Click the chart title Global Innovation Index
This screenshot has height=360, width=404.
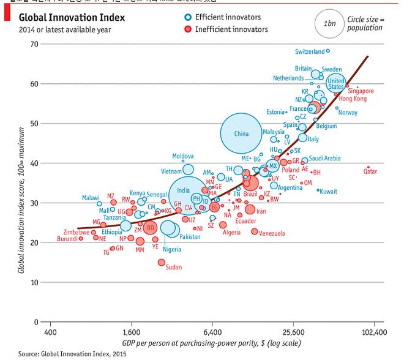pyautogui.click(x=72, y=18)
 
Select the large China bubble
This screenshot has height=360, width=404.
pyautogui.click(x=241, y=133)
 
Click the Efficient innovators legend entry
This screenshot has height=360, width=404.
pyautogui.click(x=227, y=17)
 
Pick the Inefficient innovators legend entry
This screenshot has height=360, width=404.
pyautogui.click(x=231, y=29)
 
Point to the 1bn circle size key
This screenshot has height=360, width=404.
pyautogui.click(x=329, y=23)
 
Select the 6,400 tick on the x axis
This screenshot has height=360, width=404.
pyautogui.click(x=212, y=332)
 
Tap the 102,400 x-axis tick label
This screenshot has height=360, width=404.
pyautogui.click(x=375, y=332)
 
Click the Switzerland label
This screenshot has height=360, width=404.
pyautogui.click(x=309, y=51)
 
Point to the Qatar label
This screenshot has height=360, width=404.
pyautogui.click(x=370, y=172)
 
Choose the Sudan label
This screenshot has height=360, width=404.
pyautogui.click(x=174, y=267)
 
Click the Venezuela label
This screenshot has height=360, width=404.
pyautogui.click(x=272, y=233)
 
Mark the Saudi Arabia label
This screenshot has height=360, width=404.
pyautogui.click(x=324, y=159)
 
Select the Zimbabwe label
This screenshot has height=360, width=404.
pyautogui.click(x=76, y=233)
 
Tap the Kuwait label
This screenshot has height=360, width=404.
pyautogui.click(x=328, y=192)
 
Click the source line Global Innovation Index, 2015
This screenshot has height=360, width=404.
pyautogui.click(x=63, y=353)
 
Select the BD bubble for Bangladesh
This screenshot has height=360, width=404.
pyautogui.click(x=150, y=228)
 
